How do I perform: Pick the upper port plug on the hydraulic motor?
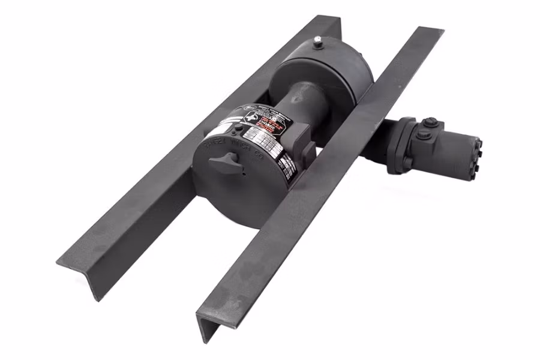(429, 123)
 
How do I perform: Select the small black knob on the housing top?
(239, 128)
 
